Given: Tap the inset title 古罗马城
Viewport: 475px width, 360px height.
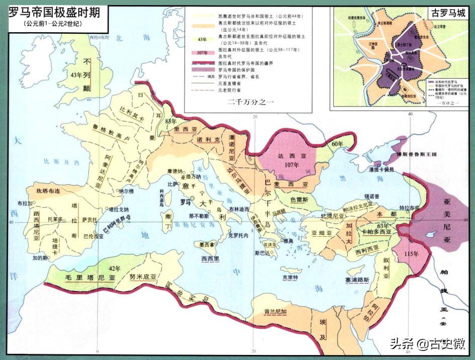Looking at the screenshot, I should pyautogui.click(x=444, y=13).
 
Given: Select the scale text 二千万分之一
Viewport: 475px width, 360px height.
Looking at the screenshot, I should pyautogui.click(x=251, y=102).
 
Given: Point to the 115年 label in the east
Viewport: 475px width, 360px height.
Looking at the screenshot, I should pyautogui.click(x=411, y=253).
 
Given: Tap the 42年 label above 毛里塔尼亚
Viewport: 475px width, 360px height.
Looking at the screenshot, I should pyautogui.click(x=115, y=267).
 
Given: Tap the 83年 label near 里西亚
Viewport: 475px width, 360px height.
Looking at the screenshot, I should pyautogui.click(x=171, y=121).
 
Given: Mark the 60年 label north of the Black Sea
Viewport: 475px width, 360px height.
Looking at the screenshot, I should pyautogui.click(x=337, y=144).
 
